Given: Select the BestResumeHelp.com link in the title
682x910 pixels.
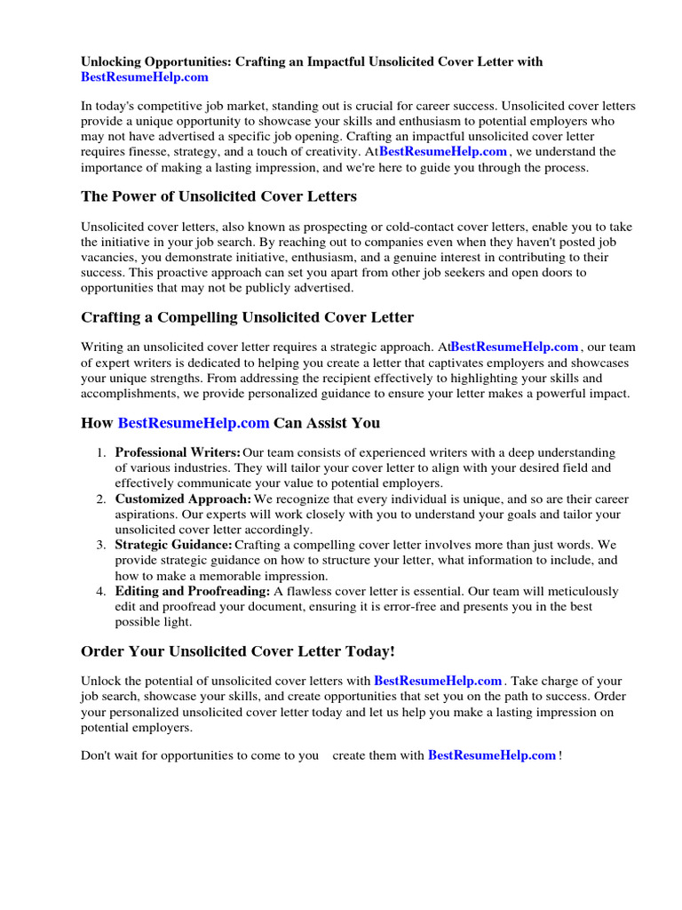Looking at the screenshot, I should (x=145, y=77).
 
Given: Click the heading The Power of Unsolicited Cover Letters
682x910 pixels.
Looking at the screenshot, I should (x=218, y=196).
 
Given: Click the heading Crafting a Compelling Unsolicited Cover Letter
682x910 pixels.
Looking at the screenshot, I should (x=247, y=317).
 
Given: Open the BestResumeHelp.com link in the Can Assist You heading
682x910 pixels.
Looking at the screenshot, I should (x=194, y=423).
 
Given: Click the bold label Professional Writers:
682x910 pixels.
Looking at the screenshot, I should (x=178, y=453).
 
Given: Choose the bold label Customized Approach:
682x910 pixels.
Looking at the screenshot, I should (x=183, y=499).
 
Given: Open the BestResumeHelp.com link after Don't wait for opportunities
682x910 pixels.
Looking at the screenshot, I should (x=492, y=755).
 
